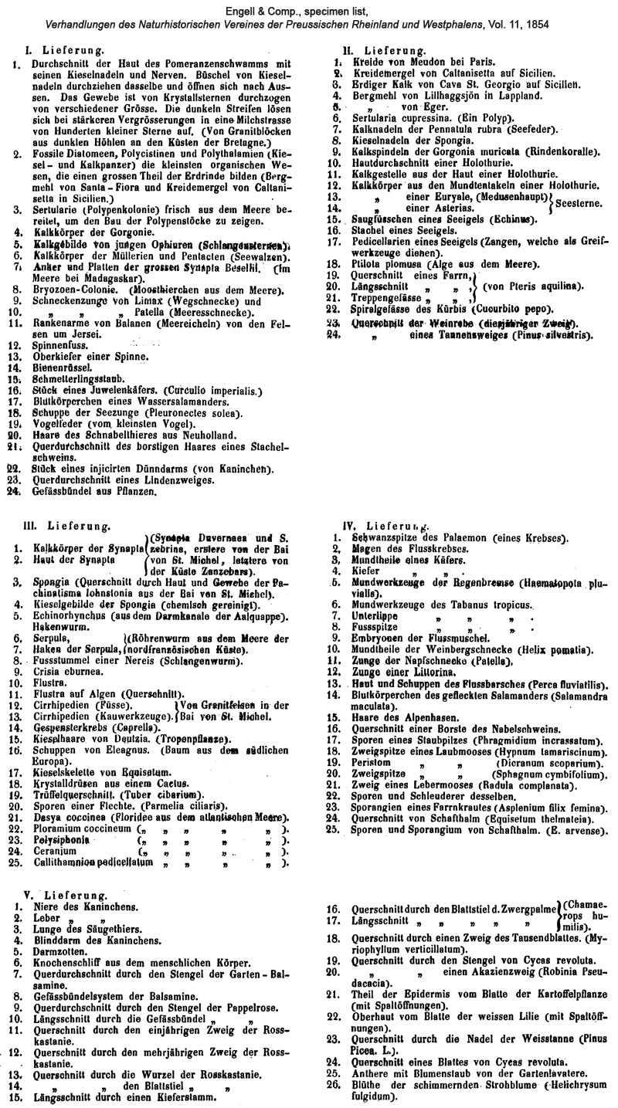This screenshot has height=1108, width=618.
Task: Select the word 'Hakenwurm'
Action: (x=58, y=629)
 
